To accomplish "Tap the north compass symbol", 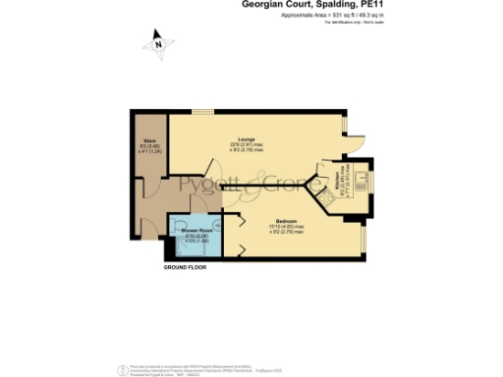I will (x=157, y=42).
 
